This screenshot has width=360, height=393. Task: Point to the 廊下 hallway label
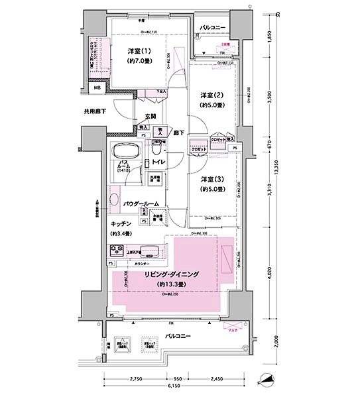[x=178, y=133]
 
